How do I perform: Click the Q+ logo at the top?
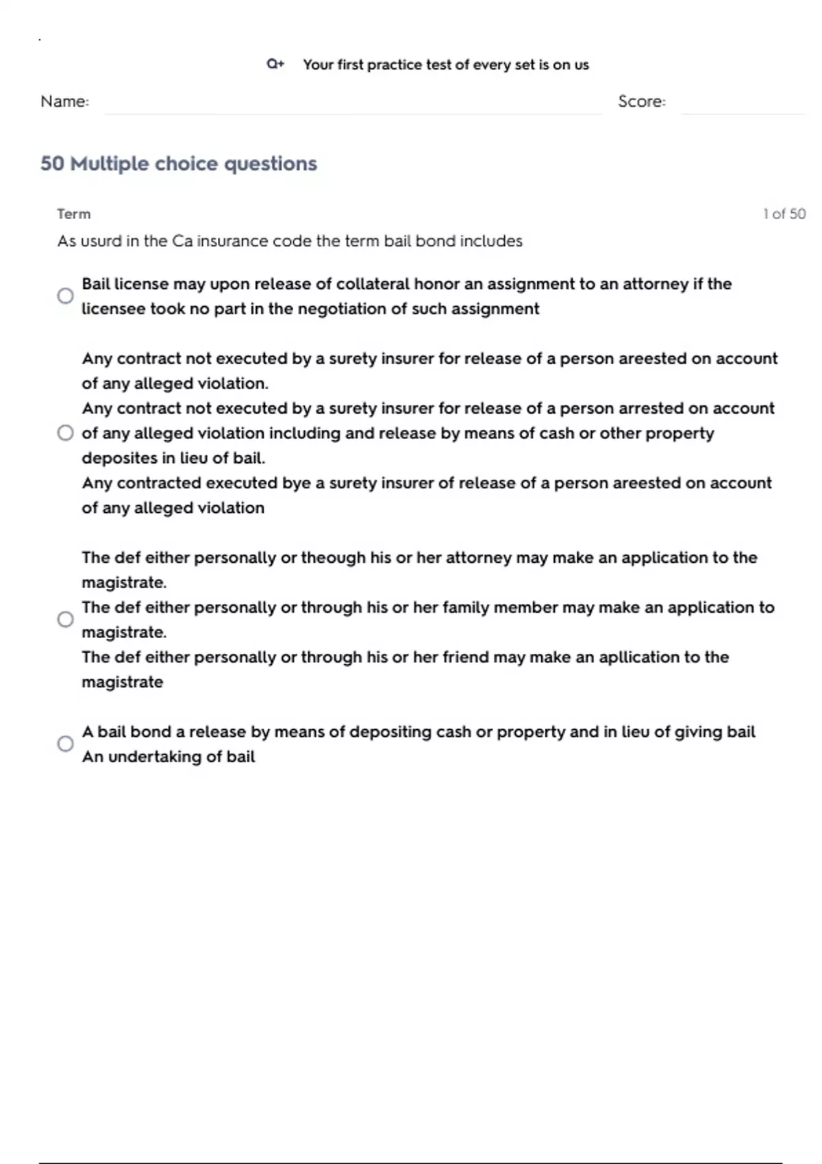point(275,64)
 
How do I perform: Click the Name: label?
point(64,101)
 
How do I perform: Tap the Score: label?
point(641,101)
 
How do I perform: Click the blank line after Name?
point(353,110)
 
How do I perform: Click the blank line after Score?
point(743,110)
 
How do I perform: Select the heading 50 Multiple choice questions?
point(179,164)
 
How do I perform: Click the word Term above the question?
point(73,214)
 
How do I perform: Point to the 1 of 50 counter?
point(784,214)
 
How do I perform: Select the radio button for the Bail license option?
point(65,296)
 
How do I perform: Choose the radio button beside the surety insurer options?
point(65,433)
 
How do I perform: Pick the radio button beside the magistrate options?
point(65,619)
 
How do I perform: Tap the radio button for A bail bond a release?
point(65,744)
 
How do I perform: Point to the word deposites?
point(120,458)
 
